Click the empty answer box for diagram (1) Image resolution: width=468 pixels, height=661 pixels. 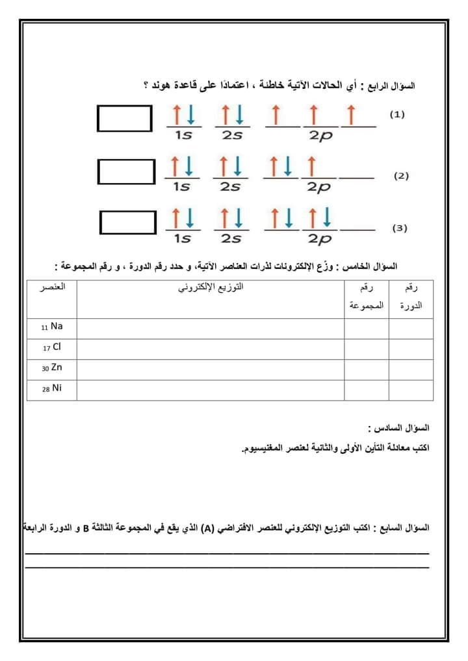(x=125, y=118)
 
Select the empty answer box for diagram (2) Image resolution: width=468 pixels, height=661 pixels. (x=127, y=171)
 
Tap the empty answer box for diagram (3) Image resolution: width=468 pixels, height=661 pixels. (x=128, y=221)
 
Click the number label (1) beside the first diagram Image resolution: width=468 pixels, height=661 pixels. (x=397, y=114)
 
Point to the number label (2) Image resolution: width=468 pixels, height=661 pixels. (x=401, y=176)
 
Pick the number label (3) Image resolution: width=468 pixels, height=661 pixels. (x=400, y=228)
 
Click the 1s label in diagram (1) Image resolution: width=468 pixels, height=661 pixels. (x=183, y=135)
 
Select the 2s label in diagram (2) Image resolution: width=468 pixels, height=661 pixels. (x=229, y=187)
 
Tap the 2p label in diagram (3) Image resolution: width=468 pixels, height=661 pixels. (x=319, y=239)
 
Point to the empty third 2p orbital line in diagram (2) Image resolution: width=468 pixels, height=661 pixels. (x=357, y=177)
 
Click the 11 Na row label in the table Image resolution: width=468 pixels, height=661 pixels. (x=51, y=327)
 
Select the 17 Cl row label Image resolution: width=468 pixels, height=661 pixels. (x=52, y=347)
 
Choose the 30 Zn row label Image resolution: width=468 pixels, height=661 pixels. (x=52, y=368)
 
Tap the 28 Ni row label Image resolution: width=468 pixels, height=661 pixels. (x=52, y=388)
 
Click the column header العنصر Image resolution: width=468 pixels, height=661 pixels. (x=52, y=286)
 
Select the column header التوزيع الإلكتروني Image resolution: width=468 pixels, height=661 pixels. (x=211, y=286)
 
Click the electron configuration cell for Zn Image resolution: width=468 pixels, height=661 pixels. (x=211, y=369)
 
